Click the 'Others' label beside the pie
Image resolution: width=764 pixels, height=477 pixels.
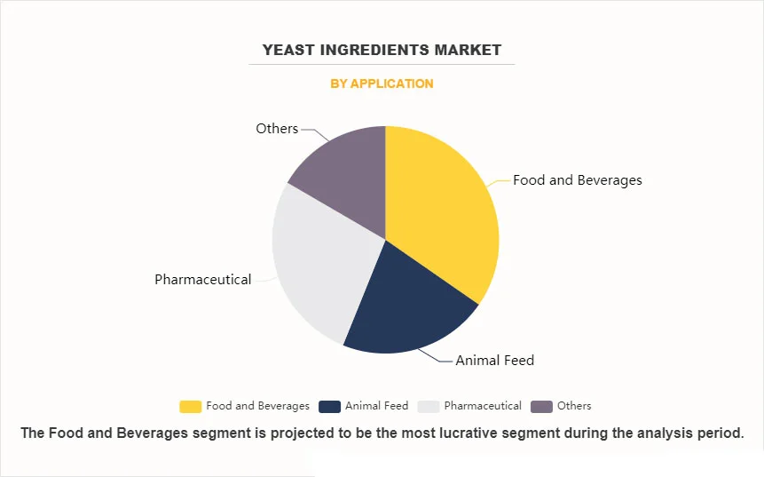(277, 129)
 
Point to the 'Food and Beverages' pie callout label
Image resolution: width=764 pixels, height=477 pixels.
(577, 180)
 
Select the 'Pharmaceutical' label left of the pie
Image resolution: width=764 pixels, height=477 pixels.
(202, 280)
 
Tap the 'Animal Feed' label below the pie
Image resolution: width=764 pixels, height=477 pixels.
(494, 361)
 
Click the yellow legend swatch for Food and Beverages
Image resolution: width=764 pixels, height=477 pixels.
(190, 406)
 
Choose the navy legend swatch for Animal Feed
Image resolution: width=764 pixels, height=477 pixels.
(329, 406)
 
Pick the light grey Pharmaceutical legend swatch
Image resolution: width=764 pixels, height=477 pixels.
(428, 406)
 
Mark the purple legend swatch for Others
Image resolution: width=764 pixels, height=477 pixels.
(540, 406)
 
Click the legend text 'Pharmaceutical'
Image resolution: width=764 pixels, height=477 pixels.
(483, 406)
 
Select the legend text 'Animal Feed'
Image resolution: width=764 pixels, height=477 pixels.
(376, 406)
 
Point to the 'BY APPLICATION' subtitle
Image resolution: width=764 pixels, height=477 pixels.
(382, 83)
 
